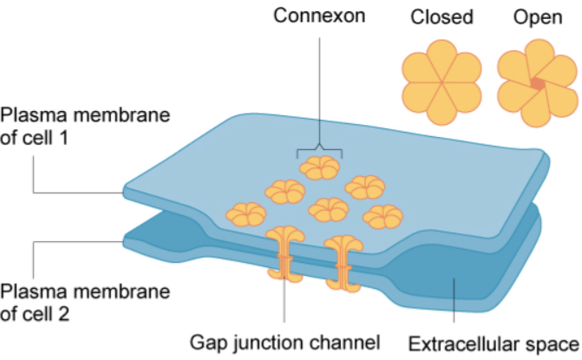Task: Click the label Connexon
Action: pyautogui.click(x=320, y=16)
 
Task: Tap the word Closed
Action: pyautogui.click(x=442, y=16)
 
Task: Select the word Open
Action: pyautogui.click(x=533, y=16)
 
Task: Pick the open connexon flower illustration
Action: pyautogui.click(x=537, y=82)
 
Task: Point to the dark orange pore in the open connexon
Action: pyautogui.click(x=538, y=82)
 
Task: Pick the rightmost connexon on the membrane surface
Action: pyautogui.click(x=382, y=215)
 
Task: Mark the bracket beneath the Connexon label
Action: pyautogui.click(x=320, y=149)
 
